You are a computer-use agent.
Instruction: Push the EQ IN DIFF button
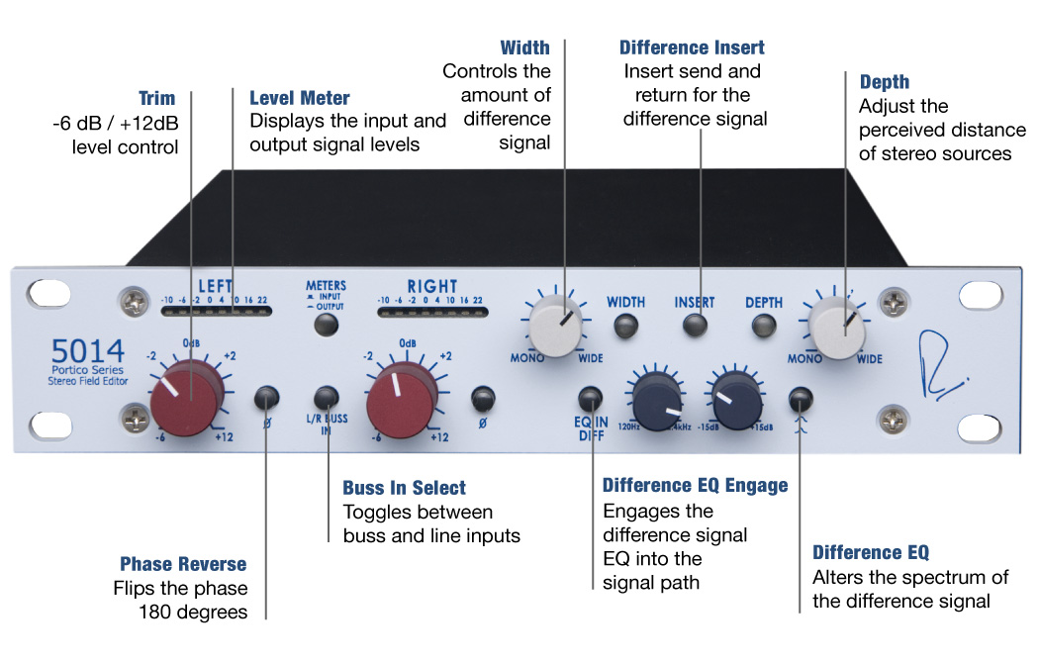coord(591,399)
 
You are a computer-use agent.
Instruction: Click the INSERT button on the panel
coord(696,326)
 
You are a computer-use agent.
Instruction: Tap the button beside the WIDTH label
coord(625,326)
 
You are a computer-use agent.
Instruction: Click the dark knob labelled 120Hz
coord(654,400)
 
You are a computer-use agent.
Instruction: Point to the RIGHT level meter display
coord(433,311)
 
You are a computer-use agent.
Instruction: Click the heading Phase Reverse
coord(183,564)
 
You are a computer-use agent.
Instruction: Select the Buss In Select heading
coord(404,488)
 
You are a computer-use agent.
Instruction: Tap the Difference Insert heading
coord(692,47)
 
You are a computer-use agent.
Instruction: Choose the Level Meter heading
coord(299,98)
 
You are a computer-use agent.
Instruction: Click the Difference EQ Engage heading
coord(695,485)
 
